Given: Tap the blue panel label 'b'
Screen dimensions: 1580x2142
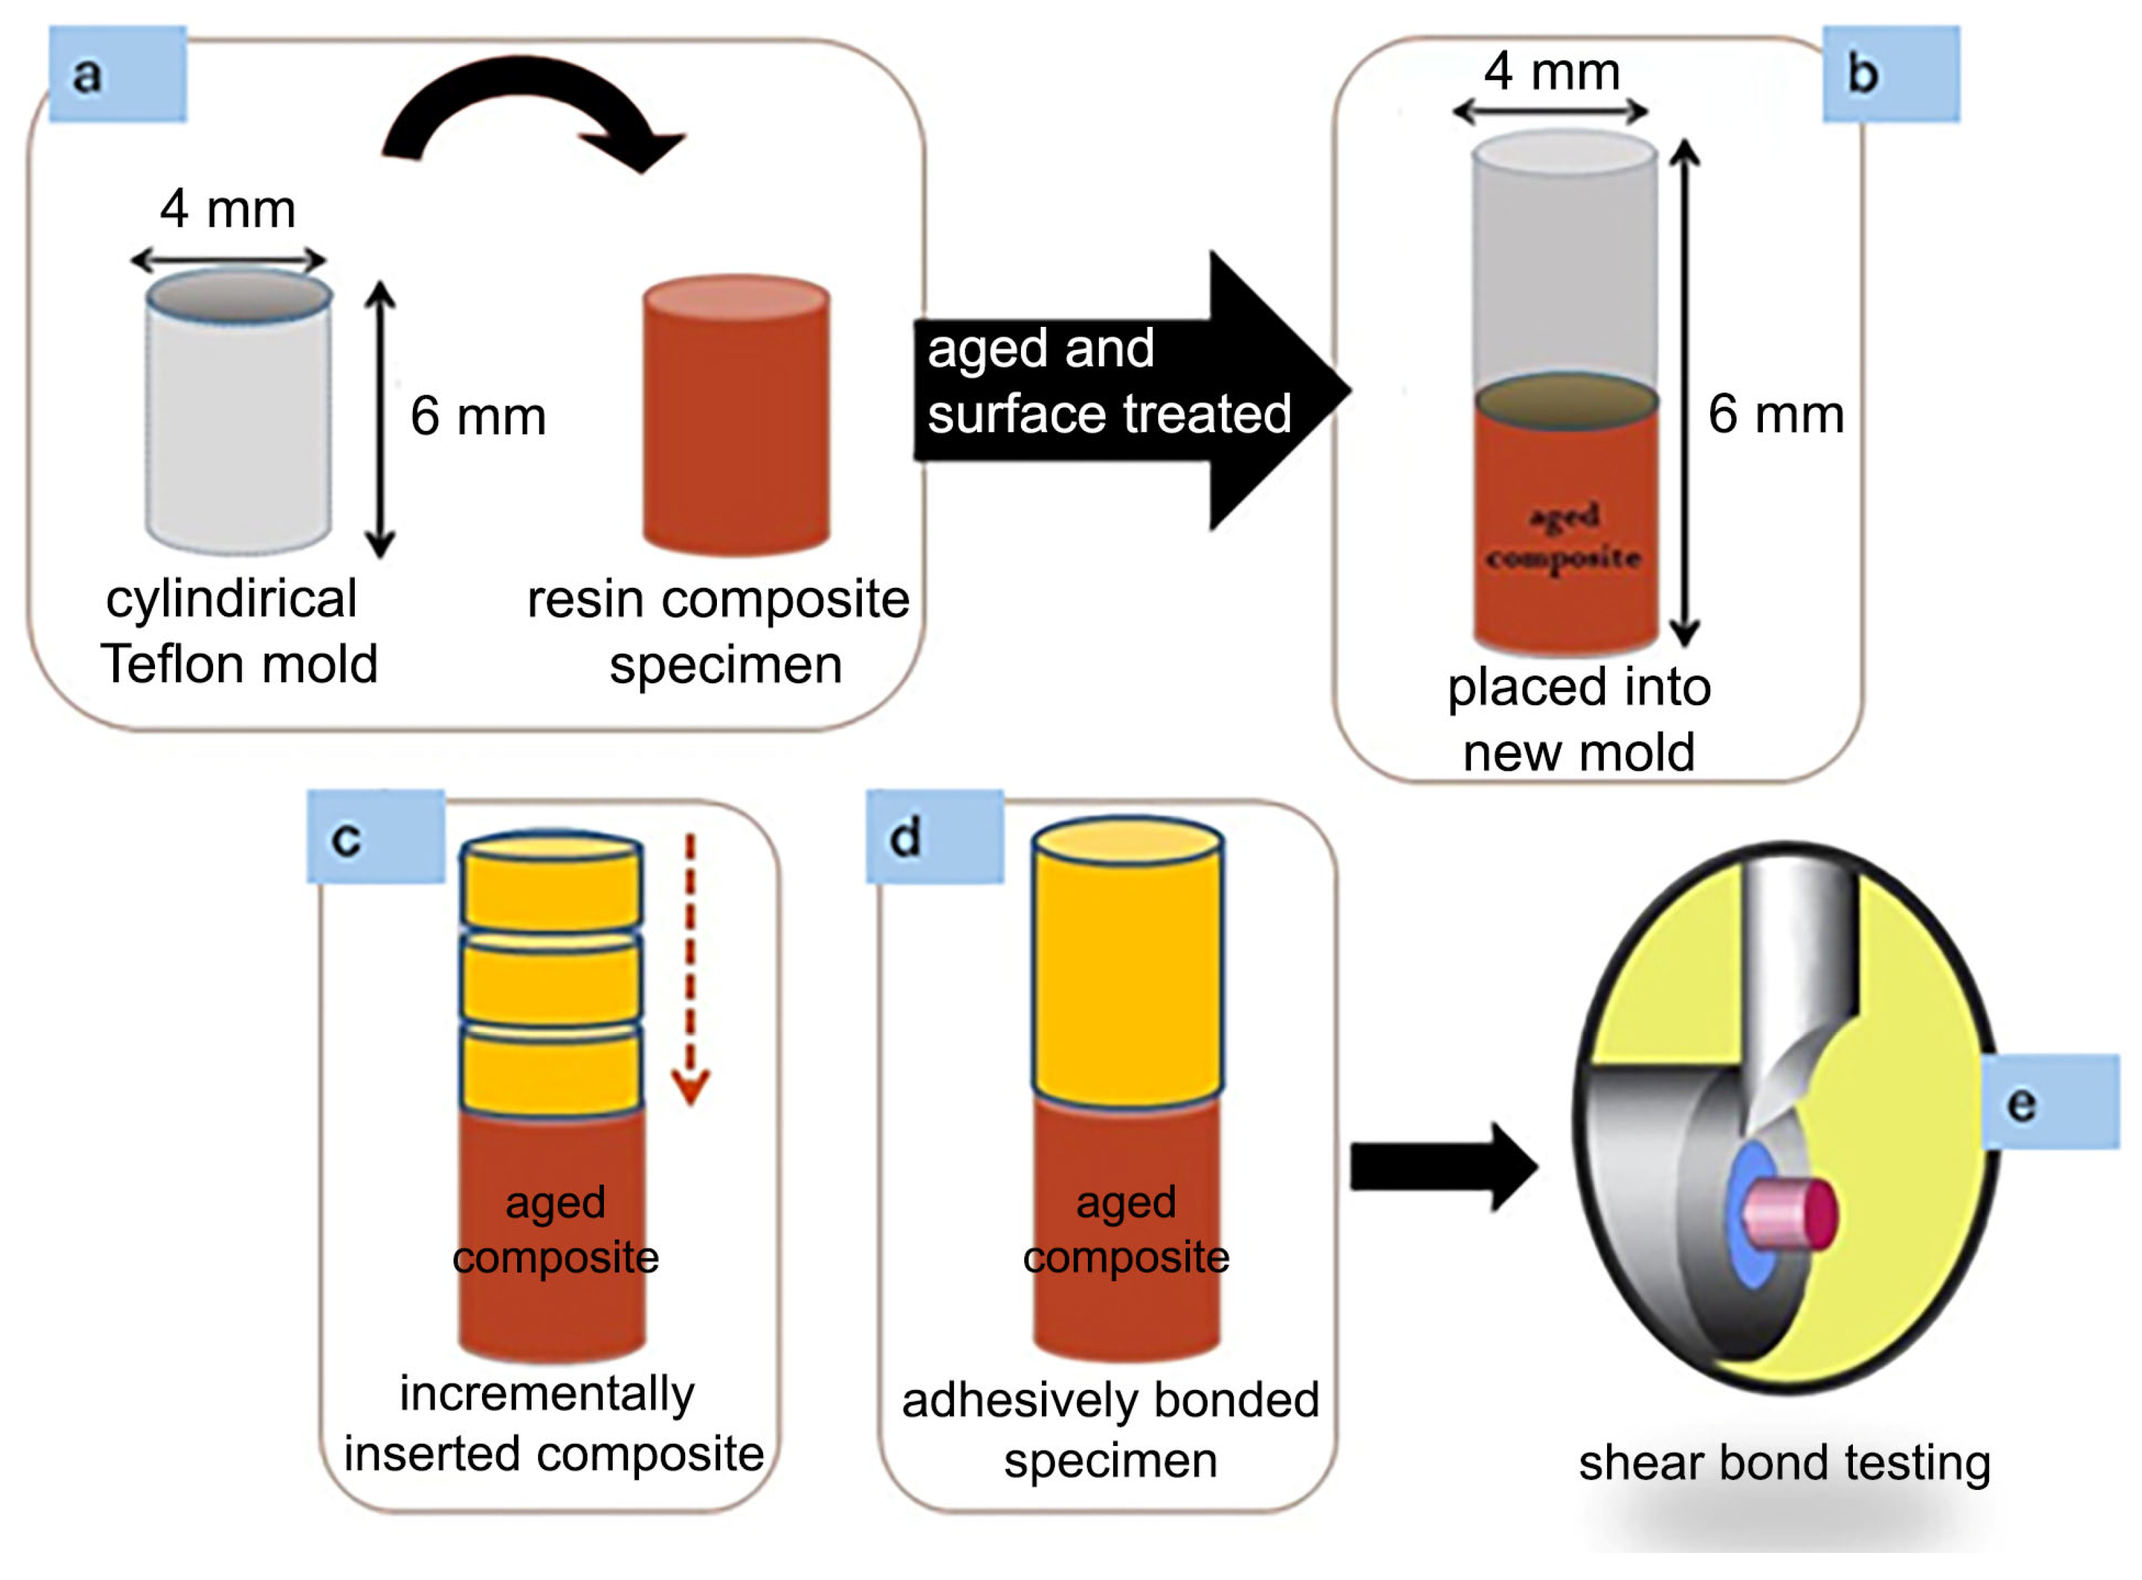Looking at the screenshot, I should click(1889, 74).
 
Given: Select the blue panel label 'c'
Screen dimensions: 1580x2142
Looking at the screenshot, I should click(375, 838).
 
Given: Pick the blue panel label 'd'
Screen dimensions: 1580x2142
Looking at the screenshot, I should click(934, 838).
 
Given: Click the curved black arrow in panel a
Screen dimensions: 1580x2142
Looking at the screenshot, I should click(531, 105).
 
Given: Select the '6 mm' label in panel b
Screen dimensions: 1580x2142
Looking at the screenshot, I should click(1776, 415).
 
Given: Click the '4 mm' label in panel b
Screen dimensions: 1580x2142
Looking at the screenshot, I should click(1552, 72).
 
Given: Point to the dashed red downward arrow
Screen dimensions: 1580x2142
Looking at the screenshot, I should click(690, 966).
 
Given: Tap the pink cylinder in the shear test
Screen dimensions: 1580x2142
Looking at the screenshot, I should click(1787, 1214).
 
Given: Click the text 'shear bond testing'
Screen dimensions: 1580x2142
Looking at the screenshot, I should click(1784, 1462).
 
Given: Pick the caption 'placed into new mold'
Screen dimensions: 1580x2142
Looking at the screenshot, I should click(1579, 719).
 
